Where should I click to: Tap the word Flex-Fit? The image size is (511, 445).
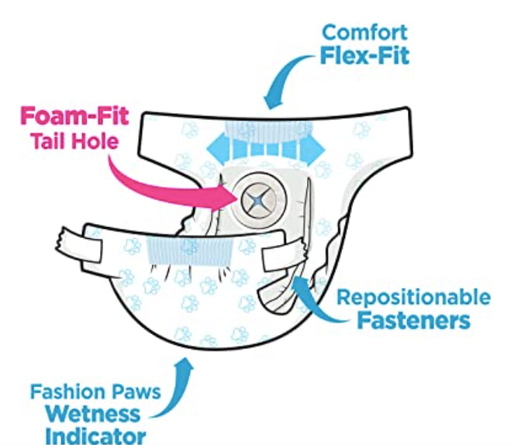[x=365, y=57]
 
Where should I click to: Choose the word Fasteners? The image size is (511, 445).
[x=414, y=321]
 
